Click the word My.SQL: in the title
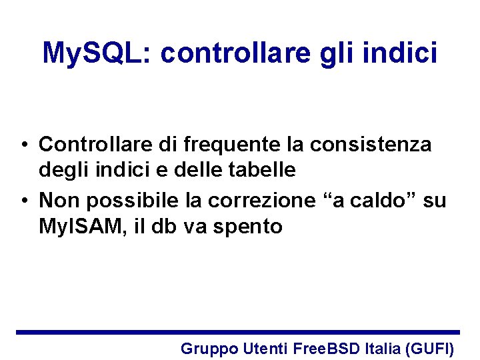pos(97,53)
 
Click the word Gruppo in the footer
pos(209,348)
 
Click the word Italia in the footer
pos(383,347)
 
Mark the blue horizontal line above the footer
pos(238,332)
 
